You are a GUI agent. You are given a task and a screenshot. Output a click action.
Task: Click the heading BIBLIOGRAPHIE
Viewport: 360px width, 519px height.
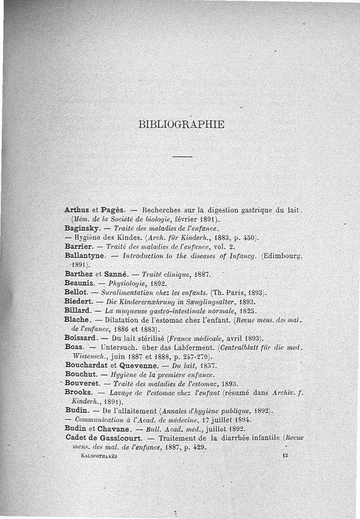181,124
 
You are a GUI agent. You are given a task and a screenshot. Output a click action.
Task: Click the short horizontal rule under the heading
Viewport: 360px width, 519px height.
182,156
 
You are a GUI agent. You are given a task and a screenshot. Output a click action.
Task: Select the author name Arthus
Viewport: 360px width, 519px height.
76,209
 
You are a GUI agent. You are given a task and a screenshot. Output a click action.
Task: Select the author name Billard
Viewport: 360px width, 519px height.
77,311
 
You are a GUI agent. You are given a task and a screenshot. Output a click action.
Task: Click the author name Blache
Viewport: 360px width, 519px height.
77,320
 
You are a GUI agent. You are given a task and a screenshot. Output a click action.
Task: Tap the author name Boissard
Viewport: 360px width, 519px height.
82,337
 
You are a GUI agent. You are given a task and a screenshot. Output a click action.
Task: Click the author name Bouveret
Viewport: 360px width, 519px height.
82,383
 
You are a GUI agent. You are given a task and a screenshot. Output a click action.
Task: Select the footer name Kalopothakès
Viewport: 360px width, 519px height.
98,456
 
